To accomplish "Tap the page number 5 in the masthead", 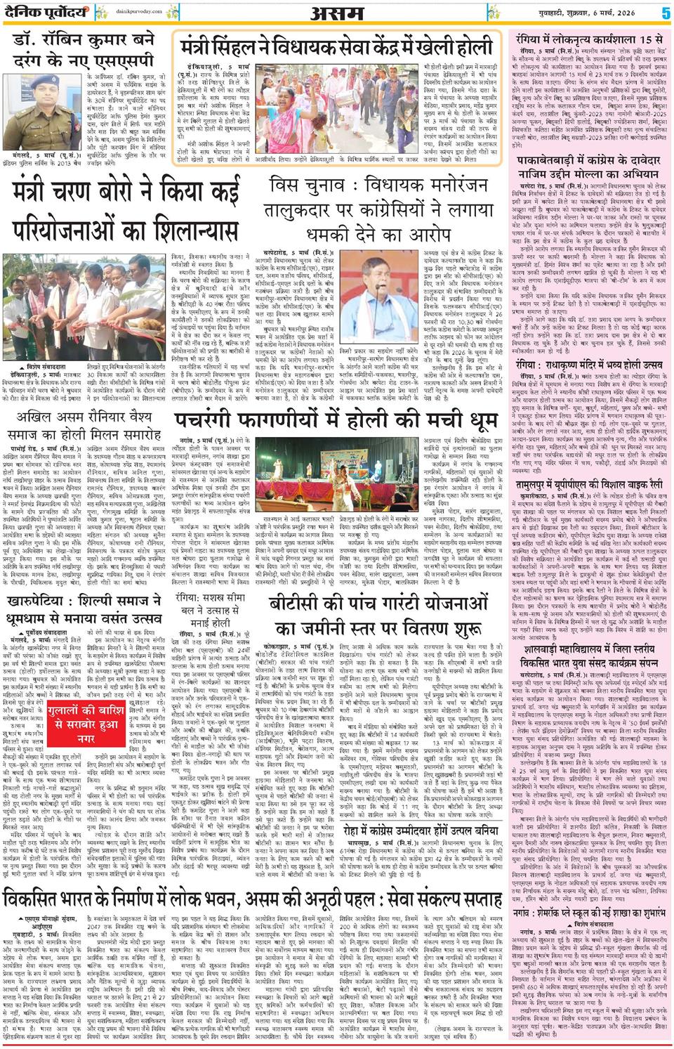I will [664, 13].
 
